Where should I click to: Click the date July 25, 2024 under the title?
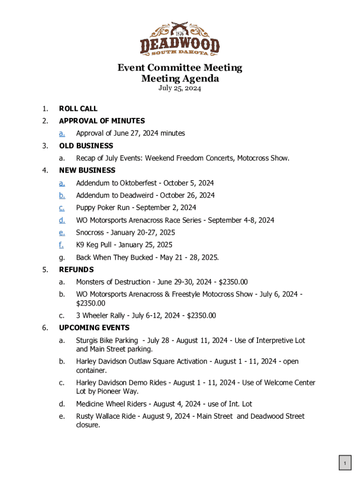tap(180, 88)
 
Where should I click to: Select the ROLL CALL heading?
tap(78, 109)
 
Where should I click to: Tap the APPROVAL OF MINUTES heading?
tap(102, 121)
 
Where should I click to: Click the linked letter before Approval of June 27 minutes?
tap(62, 133)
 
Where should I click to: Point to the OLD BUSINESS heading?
tap(86, 145)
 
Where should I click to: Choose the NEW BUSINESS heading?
tap(87, 170)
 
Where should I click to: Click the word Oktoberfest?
tap(138, 183)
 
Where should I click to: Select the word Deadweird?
tap(137, 195)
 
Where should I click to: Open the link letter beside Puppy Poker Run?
tap(62, 208)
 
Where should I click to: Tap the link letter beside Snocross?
tap(62, 232)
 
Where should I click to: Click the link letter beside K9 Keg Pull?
tap(61, 245)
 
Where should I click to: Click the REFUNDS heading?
tap(76, 269)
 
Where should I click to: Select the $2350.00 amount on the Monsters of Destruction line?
tap(230, 282)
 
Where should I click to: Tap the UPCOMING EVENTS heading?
tap(94, 327)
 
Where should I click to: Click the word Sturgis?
tap(87, 341)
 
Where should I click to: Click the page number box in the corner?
tap(345, 464)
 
